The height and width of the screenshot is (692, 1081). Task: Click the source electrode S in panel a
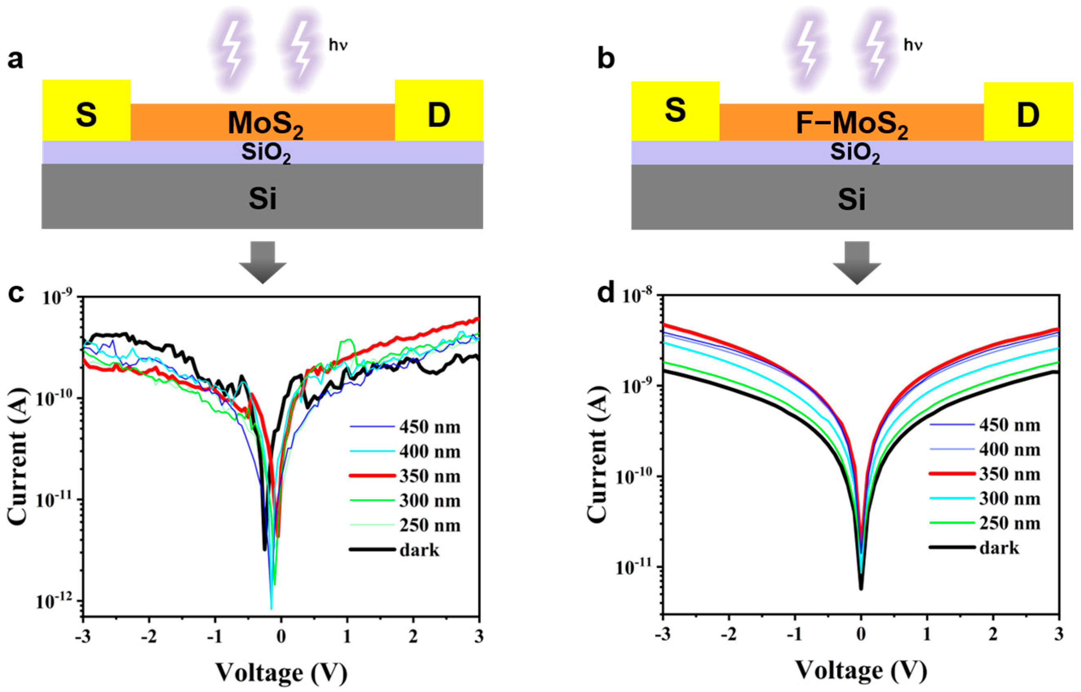[86, 115]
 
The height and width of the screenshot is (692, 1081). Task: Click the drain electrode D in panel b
[1028, 115]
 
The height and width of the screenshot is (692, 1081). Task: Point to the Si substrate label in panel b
[851, 200]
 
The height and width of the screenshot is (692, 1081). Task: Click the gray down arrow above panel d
[857, 263]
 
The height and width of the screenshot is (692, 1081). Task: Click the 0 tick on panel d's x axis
[861, 634]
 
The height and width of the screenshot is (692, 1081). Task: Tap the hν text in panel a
[338, 46]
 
